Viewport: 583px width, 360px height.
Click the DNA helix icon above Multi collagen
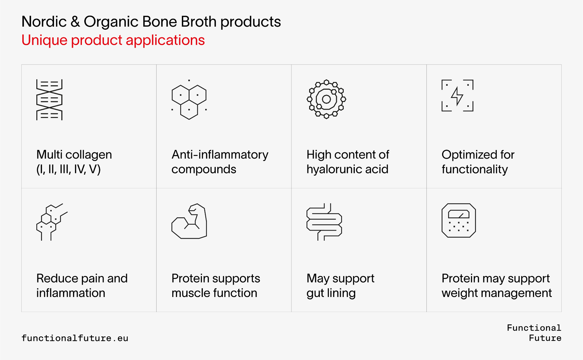tap(49, 99)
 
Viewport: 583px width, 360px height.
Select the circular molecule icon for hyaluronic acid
tap(326, 99)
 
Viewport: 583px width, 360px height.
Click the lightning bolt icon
tap(457, 96)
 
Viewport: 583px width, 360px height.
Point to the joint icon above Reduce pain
tap(52, 222)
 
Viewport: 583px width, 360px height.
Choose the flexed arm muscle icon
tap(189, 221)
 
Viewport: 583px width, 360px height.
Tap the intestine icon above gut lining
tap(324, 222)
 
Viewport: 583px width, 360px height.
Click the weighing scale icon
tap(459, 220)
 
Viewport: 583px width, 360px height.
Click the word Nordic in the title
tap(44, 22)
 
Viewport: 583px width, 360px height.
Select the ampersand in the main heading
tap(75, 22)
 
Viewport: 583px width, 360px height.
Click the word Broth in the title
tap(199, 22)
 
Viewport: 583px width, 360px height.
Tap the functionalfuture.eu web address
tap(75, 338)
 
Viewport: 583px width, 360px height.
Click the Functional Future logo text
tap(534, 333)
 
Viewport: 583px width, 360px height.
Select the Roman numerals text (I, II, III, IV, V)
tap(68, 169)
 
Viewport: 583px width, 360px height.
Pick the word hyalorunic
tap(334, 169)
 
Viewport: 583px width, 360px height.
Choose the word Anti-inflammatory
tap(220, 155)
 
